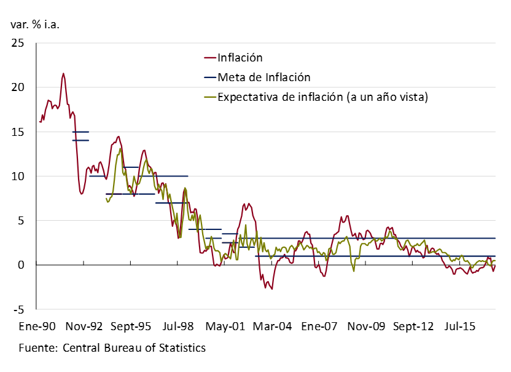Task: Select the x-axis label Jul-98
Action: click(177, 326)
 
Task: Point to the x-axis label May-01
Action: click(225, 326)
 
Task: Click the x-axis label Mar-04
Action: click(273, 326)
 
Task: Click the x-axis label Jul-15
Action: click(461, 326)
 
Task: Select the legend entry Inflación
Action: click(240, 58)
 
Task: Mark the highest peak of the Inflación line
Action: click(63, 74)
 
